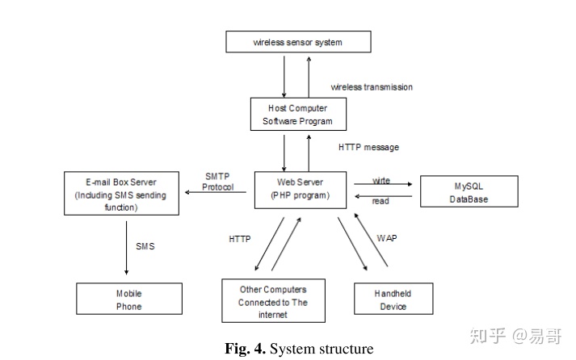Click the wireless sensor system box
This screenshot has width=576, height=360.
pos(297,42)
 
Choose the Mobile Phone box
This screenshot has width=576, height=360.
pos(128,299)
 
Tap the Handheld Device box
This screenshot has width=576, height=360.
pos(393,299)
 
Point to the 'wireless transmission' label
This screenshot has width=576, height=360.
pos(372,87)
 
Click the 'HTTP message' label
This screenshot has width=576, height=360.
pos(368,148)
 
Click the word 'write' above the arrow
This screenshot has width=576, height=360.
pos(381,179)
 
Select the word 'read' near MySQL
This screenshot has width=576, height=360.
pos(380,200)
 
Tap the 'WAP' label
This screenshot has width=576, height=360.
pos(388,239)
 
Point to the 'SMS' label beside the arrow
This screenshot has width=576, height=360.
pos(145,246)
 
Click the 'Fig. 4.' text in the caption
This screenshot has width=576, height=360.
pos(246,350)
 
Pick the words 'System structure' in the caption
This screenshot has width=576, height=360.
pos(321,350)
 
